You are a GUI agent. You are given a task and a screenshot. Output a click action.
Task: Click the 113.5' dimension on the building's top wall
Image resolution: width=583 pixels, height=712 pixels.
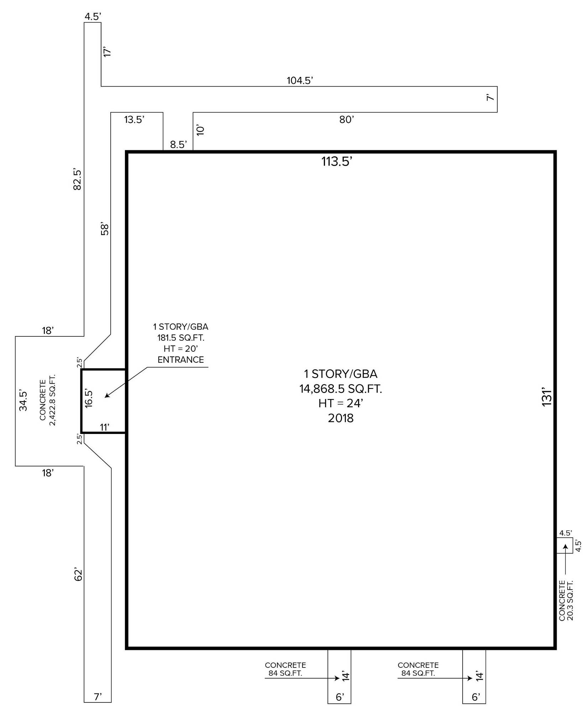(x=337, y=162)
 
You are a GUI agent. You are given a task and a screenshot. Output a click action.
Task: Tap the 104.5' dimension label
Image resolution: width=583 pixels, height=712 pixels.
(x=300, y=80)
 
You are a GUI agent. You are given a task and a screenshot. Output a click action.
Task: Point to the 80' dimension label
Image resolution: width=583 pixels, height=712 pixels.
(x=346, y=120)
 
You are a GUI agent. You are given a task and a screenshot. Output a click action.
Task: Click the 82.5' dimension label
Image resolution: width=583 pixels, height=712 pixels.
(x=77, y=179)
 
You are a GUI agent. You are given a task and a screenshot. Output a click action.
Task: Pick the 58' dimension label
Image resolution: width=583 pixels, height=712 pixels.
(x=105, y=229)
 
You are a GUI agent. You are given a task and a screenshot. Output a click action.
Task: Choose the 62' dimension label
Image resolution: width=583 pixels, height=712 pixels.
(x=78, y=575)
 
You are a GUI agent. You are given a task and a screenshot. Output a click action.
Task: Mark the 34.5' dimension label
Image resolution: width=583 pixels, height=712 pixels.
(x=23, y=400)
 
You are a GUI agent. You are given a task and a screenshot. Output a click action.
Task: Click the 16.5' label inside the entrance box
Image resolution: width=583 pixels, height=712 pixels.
(x=89, y=398)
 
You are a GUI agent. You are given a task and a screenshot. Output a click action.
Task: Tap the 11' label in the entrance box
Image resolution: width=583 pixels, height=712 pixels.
(x=104, y=427)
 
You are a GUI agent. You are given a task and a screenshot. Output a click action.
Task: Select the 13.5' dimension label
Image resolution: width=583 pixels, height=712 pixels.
(x=134, y=120)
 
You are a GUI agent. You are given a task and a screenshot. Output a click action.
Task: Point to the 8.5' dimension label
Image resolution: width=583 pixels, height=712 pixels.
(x=178, y=145)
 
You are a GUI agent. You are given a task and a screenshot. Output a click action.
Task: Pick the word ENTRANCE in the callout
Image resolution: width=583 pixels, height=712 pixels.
(x=181, y=360)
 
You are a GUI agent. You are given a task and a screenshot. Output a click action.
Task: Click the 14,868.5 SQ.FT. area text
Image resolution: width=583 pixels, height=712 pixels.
(x=341, y=389)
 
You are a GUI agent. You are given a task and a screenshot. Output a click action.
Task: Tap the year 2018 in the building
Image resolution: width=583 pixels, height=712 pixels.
(x=341, y=418)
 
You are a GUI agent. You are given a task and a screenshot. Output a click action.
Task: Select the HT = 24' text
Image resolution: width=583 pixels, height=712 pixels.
(x=341, y=403)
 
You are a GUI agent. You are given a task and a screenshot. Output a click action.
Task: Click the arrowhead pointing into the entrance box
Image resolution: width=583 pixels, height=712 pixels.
(x=107, y=395)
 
